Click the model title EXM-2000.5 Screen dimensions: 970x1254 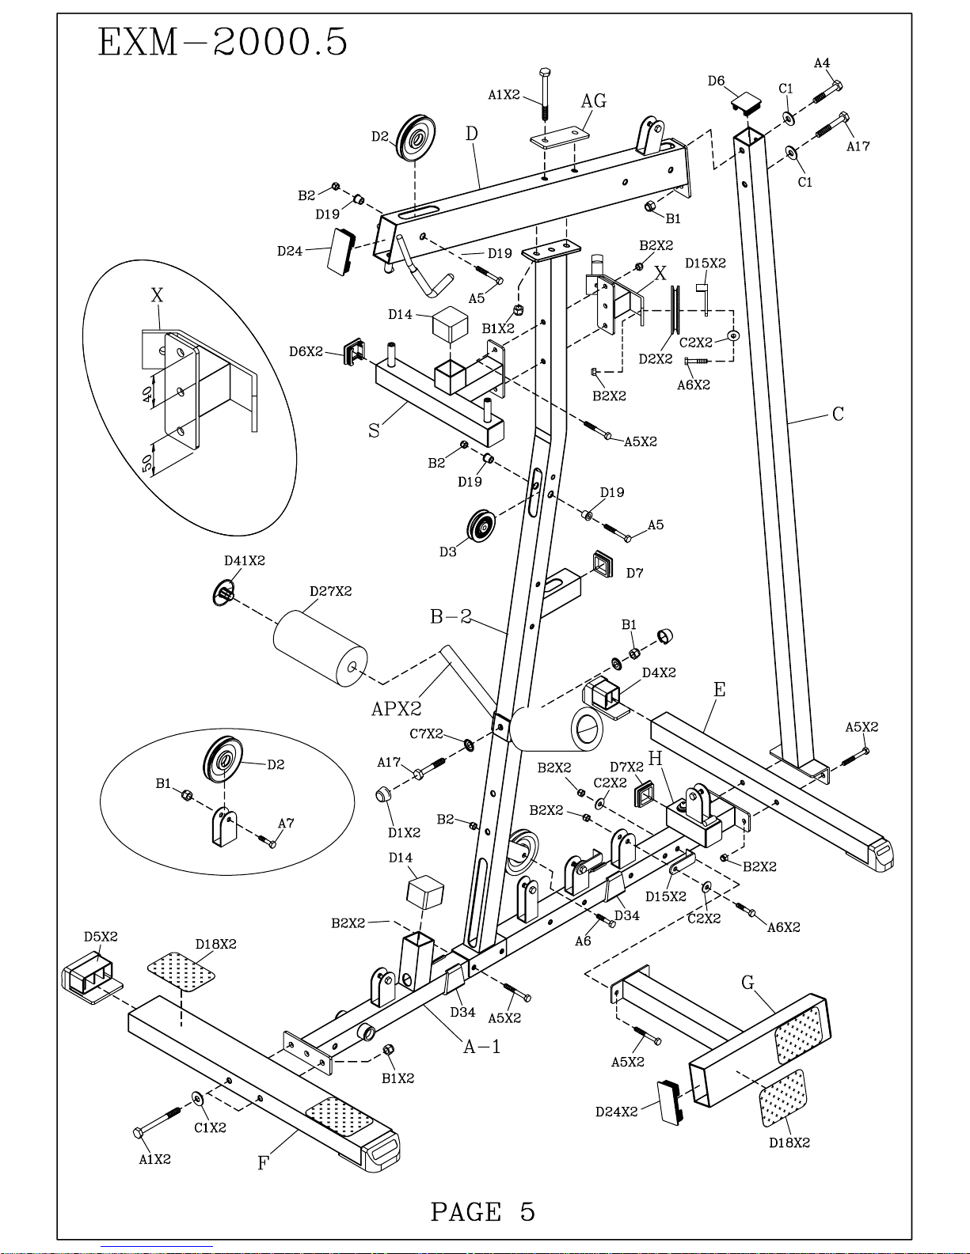click(x=223, y=42)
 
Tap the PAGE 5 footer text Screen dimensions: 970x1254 click(x=483, y=1211)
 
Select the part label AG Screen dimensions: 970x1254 click(x=594, y=101)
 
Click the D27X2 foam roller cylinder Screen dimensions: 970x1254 click(x=320, y=648)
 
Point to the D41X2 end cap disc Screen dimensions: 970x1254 click(x=223, y=592)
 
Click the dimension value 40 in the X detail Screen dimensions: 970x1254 click(x=147, y=395)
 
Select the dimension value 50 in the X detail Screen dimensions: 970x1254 click(x=147, y=462)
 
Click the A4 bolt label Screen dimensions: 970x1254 click(x=822, y=63)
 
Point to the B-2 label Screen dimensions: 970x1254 click(x=451, y=617)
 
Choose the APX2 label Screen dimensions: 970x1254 click(x=397, y=709)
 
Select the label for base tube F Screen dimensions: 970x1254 click(x=263, y=1163)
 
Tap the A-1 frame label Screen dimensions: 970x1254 click(x=482, y=1046)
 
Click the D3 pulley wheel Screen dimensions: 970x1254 click(x=481, y=525)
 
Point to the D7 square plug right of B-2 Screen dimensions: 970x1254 click(x=602, y=563)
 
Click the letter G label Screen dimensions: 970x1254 click(x=747, y=982)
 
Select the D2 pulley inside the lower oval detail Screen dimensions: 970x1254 click(x=223, y=760)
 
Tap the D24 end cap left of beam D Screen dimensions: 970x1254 click(x=341, y=251)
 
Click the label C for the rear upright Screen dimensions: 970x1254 click(x=839, y=414)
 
